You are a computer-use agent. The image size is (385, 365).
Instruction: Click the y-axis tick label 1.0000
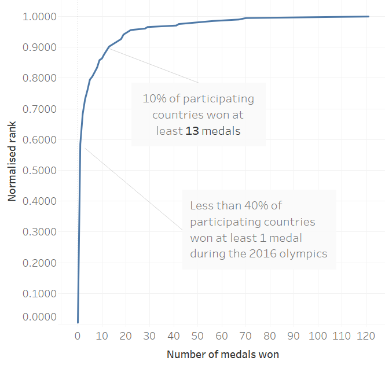[39, 16]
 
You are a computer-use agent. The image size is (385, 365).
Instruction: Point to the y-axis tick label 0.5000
[39, 170]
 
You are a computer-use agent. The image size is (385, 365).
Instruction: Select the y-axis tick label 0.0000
[39, 316]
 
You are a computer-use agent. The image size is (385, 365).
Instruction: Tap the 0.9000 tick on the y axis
[39, 47]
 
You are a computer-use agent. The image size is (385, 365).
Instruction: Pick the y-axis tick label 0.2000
[39, 263]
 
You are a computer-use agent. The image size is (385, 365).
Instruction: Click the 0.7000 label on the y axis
[39, 109]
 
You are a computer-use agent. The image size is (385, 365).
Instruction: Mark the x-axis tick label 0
[78, 335]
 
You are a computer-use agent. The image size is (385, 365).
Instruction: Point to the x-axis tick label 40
[174, 335]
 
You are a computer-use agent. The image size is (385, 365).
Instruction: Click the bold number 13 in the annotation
[192, 131]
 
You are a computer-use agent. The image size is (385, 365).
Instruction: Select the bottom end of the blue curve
[78, 322]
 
